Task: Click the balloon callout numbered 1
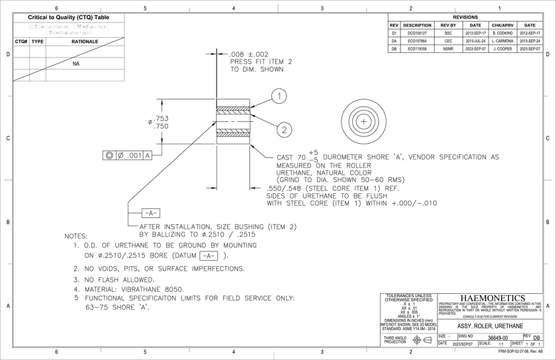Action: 280,97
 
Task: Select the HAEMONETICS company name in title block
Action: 491,298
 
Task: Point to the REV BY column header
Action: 448,25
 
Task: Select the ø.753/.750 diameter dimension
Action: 158,123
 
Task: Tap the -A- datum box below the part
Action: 150,213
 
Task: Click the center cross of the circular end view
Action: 364,122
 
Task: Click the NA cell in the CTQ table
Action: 76,65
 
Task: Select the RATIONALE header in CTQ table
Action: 85,41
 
